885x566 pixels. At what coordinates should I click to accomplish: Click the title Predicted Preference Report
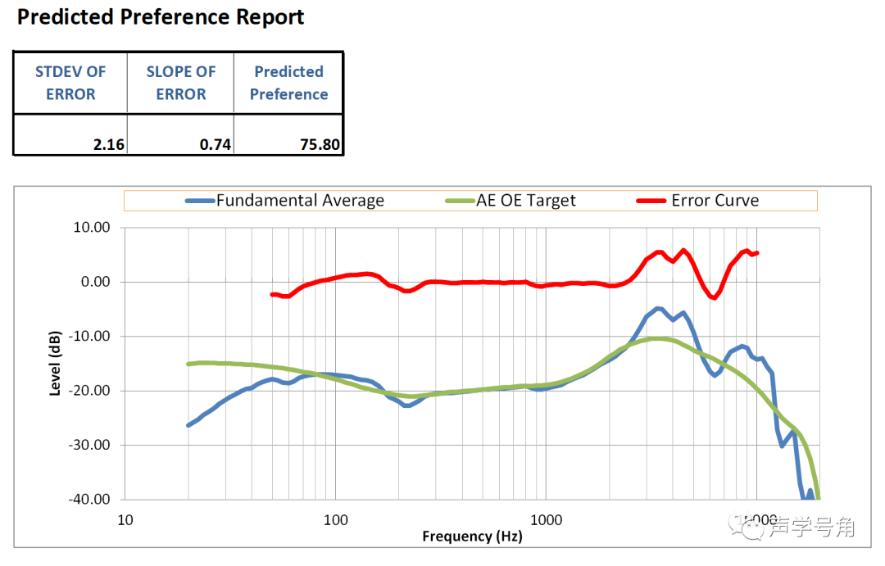(161, 17)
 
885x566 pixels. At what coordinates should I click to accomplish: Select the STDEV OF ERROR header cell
(70, 83)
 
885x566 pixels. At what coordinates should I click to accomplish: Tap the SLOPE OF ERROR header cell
(181, 83)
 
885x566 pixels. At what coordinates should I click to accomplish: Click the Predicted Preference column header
(288, 83)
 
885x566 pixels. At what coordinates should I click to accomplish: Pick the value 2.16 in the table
(108, 145)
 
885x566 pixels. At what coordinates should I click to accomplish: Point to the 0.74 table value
(216, 145)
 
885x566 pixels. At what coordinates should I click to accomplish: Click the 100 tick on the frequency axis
(335, 519)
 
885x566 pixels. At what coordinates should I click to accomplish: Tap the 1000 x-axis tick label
(546, 519)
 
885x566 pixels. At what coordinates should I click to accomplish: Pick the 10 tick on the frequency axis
(125, 519)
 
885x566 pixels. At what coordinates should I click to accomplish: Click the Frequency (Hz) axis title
(471, 537)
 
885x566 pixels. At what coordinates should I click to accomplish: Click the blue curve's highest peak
(658, 309)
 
